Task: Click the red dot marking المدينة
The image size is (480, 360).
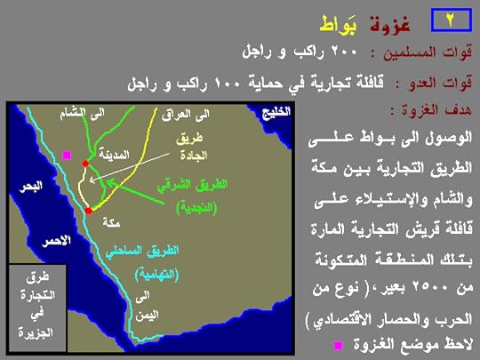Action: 85,164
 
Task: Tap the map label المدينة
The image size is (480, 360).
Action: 117,153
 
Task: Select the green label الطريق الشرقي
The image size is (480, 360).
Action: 196,186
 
